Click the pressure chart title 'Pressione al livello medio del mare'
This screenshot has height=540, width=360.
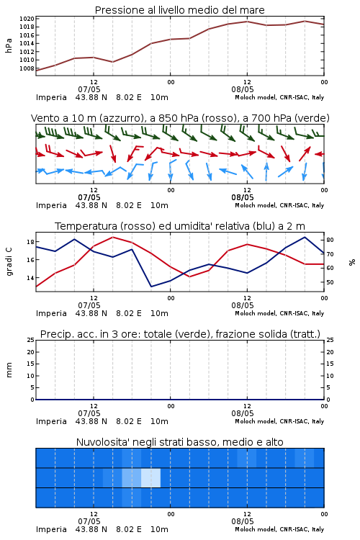180,10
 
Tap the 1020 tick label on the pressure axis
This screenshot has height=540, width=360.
27,19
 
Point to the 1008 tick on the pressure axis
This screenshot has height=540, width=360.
27,68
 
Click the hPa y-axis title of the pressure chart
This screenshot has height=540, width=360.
9,45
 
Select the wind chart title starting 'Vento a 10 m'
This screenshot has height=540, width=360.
180,118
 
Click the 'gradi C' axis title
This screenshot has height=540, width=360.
9,261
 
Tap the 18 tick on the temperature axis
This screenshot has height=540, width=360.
30,242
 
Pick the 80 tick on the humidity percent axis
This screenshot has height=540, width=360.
330,240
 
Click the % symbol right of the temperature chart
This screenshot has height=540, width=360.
352,262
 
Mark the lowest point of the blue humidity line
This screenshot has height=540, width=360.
151,287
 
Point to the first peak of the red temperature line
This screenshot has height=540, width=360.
113,237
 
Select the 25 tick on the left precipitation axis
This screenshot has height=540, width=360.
31,340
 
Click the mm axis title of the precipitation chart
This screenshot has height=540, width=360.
9,370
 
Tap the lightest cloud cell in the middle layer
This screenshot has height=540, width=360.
151,477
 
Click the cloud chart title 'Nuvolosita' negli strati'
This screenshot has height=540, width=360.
180,442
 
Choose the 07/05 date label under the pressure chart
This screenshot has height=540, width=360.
89,89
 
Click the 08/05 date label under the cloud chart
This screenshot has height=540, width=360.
243,521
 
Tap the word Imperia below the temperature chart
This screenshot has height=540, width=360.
51,313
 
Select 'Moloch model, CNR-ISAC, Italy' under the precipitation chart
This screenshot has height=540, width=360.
279,421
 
